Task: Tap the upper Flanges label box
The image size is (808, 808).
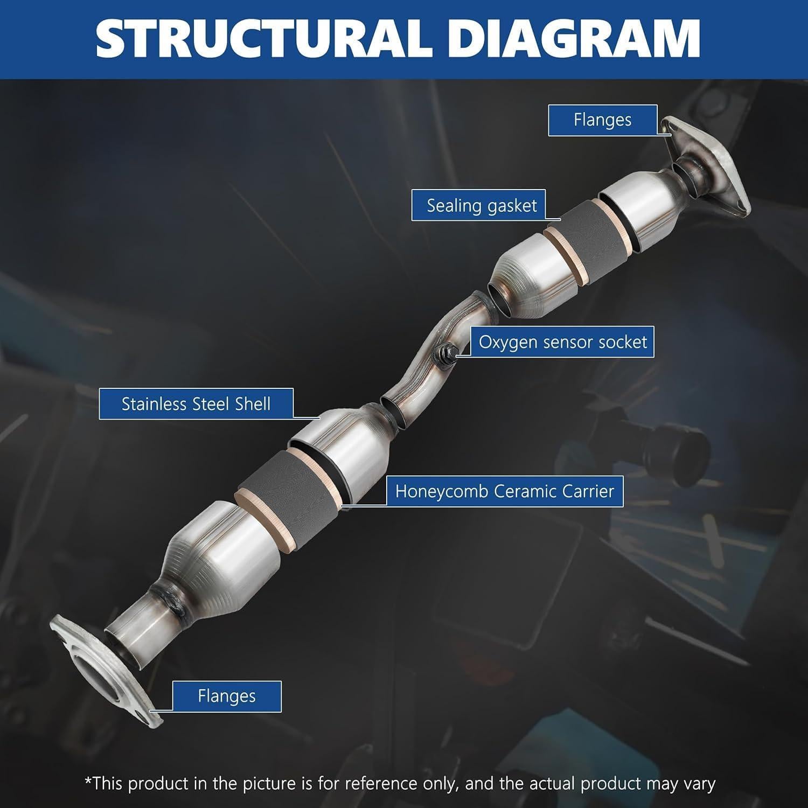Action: tap(602, 120)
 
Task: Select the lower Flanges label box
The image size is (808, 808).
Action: tap(226, 696)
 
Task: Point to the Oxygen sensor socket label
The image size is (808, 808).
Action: tap(562, 342)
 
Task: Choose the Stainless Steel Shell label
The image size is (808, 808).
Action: tap(196, 404)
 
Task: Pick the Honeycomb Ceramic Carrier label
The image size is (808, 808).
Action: tap(504, 491)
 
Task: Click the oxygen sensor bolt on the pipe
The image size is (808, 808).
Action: tap(447, 354)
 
